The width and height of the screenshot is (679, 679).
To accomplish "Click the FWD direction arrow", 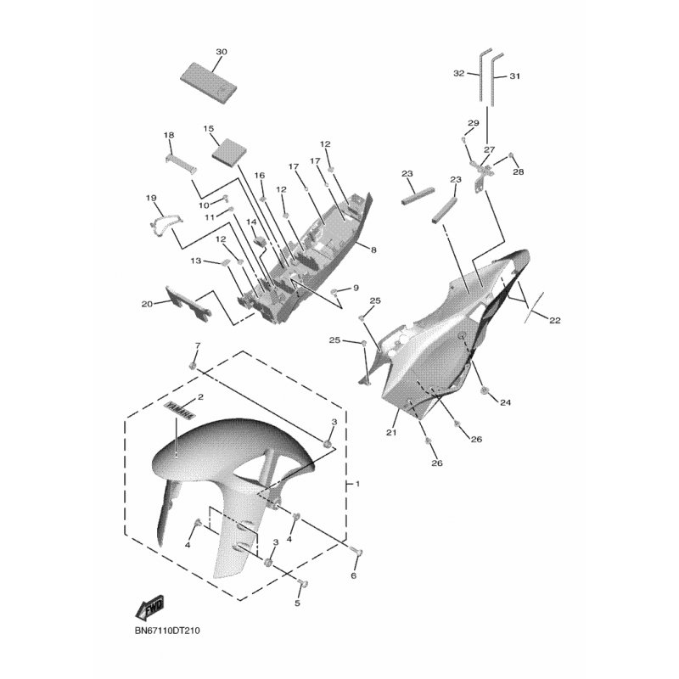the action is coord(150,606).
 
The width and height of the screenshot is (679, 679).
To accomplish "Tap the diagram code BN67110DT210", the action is coord(167,631).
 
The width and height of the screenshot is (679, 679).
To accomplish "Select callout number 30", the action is coord(222,52).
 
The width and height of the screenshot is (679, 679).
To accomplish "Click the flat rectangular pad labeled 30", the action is coord(208,83).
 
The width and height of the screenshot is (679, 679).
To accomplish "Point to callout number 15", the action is coord(208,129).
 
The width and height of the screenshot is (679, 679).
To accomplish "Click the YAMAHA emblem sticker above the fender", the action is coord(180,410).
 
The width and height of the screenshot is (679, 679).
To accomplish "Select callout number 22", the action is coord(555,321).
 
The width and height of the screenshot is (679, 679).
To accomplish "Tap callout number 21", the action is coord(391,432).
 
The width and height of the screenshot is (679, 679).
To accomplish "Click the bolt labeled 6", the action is coord(357,553).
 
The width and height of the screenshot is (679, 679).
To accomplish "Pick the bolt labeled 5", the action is coord(303,584).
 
